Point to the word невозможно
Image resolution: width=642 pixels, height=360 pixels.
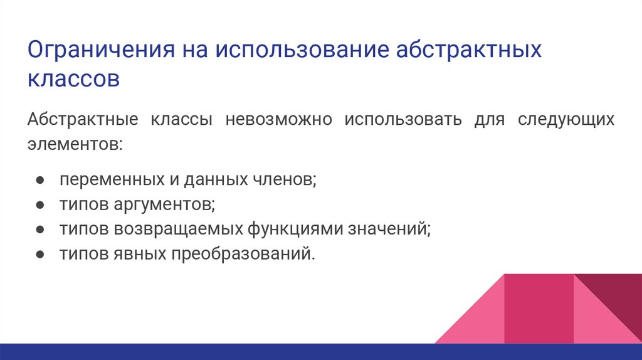coord(279,119)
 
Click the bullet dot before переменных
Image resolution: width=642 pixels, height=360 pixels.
coord(39,181)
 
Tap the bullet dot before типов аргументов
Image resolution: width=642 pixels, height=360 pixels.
coord(39,205)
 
